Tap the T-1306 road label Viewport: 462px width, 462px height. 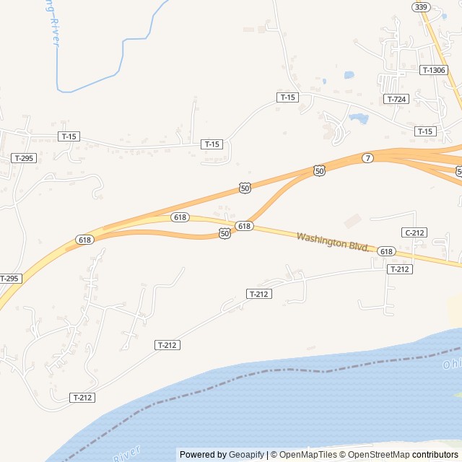point(433,70)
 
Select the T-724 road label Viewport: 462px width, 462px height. point(396,99)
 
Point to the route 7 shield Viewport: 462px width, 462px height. point(368,158)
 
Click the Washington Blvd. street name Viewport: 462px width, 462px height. point(333,242)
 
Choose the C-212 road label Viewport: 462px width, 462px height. point(414,232)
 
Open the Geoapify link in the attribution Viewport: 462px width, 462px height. point(246,455)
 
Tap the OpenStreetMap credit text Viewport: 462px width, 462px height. point(376,455)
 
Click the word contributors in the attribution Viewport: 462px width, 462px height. point(435,455)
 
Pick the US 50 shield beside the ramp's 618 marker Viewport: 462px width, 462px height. point(225,233)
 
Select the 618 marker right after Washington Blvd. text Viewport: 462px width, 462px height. point(386,251)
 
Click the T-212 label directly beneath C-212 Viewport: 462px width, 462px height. point(399,269)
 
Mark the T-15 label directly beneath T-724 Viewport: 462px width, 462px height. point(425,131)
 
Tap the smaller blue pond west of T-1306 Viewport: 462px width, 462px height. point(349,74)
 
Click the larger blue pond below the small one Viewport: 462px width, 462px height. point(358,118)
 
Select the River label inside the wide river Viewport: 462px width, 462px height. point(127,453)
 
